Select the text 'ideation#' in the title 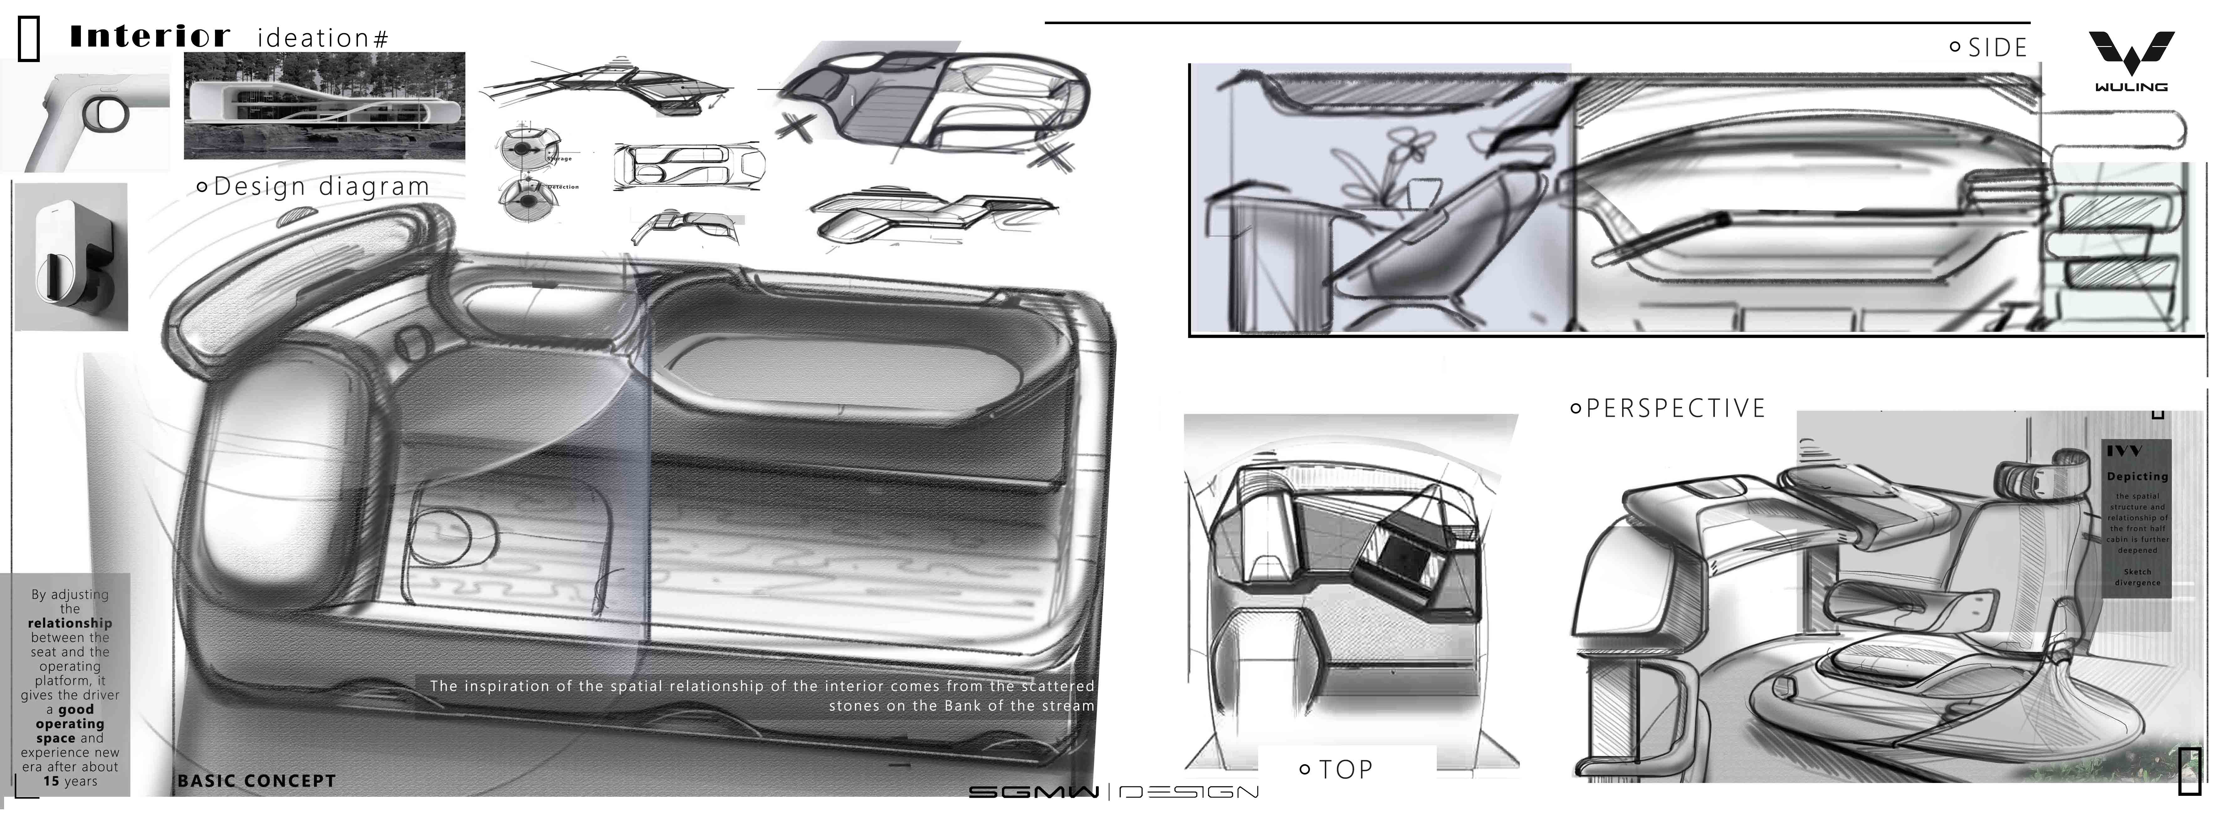pyautogui.click(x=322, y=39)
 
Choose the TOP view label pyautogui.click(x=1345, y=769)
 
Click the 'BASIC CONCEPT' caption pyautogui.click(x=256, y=781)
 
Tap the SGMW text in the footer pyautogui.click(x=1033, y=791)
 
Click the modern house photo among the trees pyautogui.click(x=324, y=105)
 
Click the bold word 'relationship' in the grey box pyautogui.click(x=70, y=623)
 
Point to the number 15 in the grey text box pyautogui.click(x=52, y=781)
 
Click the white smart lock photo pyautogui.click(x=71, y=257)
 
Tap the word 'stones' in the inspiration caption pyautogui.click(x=854, y=706)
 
